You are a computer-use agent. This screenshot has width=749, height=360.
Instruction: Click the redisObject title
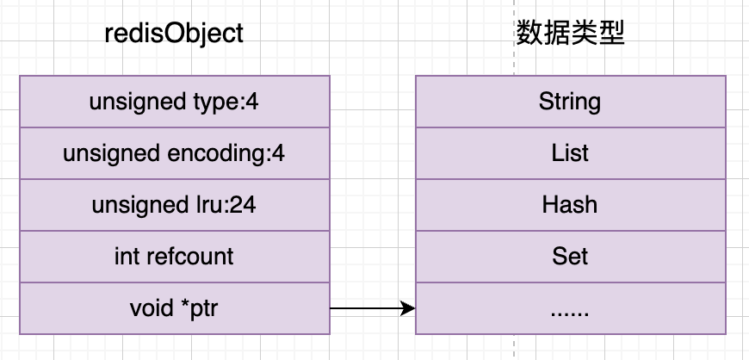(x=174, y=34)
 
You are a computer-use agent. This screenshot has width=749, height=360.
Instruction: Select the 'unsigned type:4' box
(x=174, y=102)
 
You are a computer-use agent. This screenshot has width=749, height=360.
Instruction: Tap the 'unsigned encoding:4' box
(x=174, y=153)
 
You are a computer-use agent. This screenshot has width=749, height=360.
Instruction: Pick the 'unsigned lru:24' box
(x=174, y=205)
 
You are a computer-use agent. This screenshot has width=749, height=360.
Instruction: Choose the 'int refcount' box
(x=174, y=257)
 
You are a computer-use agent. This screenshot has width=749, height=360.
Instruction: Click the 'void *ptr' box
(x=174, y=308)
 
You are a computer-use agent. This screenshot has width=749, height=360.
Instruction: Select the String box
(x=570, y=102)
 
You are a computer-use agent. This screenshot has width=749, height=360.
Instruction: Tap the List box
(x=570, y=153)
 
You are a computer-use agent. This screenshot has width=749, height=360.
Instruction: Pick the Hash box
(x=570, y=205)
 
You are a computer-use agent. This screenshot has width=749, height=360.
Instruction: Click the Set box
(x=570, y=257)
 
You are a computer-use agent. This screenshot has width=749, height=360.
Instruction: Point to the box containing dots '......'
(x=570, y=308)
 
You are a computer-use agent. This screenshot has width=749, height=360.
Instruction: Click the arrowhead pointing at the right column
(x=409, y=308)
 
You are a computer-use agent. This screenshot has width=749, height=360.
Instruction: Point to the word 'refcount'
(x=190, y=257)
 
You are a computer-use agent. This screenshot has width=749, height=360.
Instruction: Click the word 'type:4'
(x=221, y=102)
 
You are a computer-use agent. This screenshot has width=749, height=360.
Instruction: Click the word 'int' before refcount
(x=126, y=257)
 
